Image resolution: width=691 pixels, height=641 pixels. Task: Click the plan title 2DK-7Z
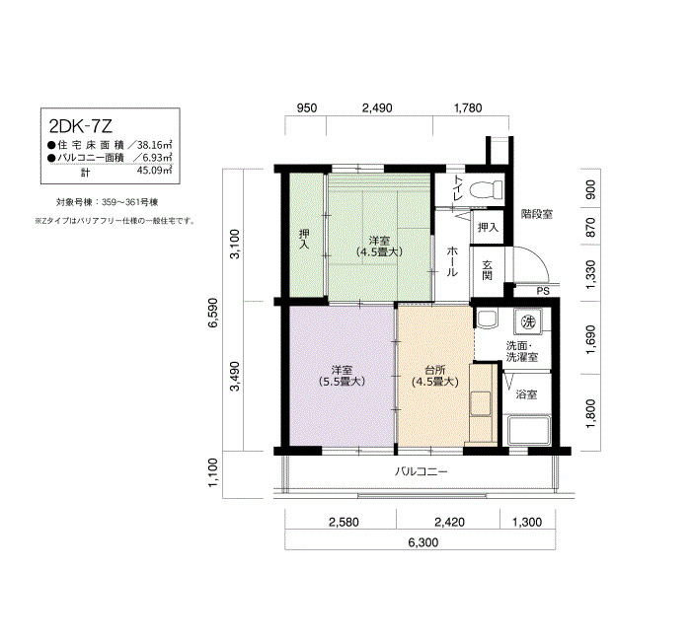[x=81, y=127]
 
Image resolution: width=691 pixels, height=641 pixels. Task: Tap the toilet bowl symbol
[x=487, y=189]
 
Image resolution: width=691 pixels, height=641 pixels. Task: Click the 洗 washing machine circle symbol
[x=528, y=321]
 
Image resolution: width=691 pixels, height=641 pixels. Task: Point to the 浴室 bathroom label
[x=526, y=394]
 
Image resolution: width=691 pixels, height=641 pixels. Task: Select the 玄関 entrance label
[x=487, y=270]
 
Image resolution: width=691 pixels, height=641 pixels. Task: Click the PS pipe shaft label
[x=543, y=291]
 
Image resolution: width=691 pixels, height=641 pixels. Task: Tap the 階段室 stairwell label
[x=536, y=214]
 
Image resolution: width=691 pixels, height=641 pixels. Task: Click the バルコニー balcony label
[x=421, y=472]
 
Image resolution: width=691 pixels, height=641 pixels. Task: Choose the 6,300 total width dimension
[x=423, y=542]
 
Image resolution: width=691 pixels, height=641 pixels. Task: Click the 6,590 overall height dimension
[x=214, y=313]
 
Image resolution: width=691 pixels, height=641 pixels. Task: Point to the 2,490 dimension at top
[x=377, y=107]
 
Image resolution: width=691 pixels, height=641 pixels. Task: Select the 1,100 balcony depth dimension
[x=213, y=472]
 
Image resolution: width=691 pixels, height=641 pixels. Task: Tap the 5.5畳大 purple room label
[x=342, y=382]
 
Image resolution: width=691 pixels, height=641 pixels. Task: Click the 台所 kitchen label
[x=435, y=370]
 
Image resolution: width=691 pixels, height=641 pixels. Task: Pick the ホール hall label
[x=452, y=261]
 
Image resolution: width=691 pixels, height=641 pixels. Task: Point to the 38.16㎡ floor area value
[x=154, y=145]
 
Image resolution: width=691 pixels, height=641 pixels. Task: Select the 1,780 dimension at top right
[x=468, y=107]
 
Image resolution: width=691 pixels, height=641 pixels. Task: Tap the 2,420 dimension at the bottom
[x=449, y=522]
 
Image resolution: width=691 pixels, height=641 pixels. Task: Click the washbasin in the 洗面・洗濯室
[x=487, y=320]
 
